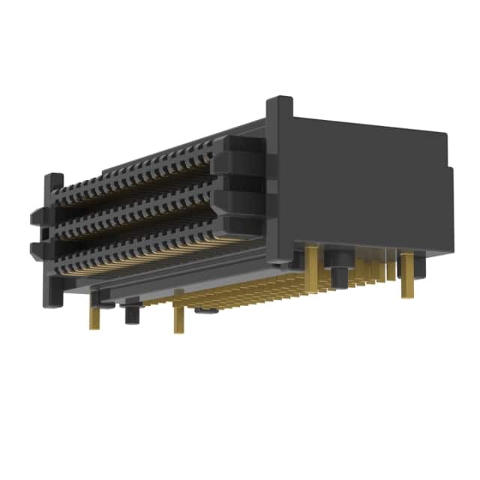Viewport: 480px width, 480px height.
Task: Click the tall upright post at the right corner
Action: coord(279,180)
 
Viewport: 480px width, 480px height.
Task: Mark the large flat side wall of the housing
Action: coord(360,187)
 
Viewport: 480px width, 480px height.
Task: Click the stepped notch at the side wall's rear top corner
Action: coord(448,161)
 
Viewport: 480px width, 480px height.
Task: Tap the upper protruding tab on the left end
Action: coord(37,217)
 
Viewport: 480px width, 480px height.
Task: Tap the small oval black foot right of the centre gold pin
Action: coord(202,309)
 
